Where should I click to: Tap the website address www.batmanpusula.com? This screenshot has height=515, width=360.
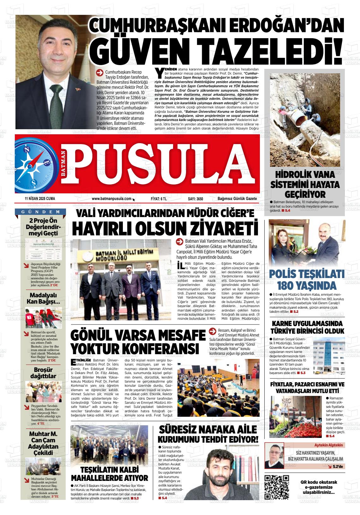click(x=111, y=199)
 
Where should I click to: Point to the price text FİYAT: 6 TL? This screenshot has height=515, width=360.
click(x=159, y=199)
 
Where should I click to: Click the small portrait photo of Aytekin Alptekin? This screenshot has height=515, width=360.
click(x=274, y=456)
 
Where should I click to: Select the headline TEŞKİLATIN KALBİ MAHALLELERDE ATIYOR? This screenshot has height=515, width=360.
click(x=109, y=473)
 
